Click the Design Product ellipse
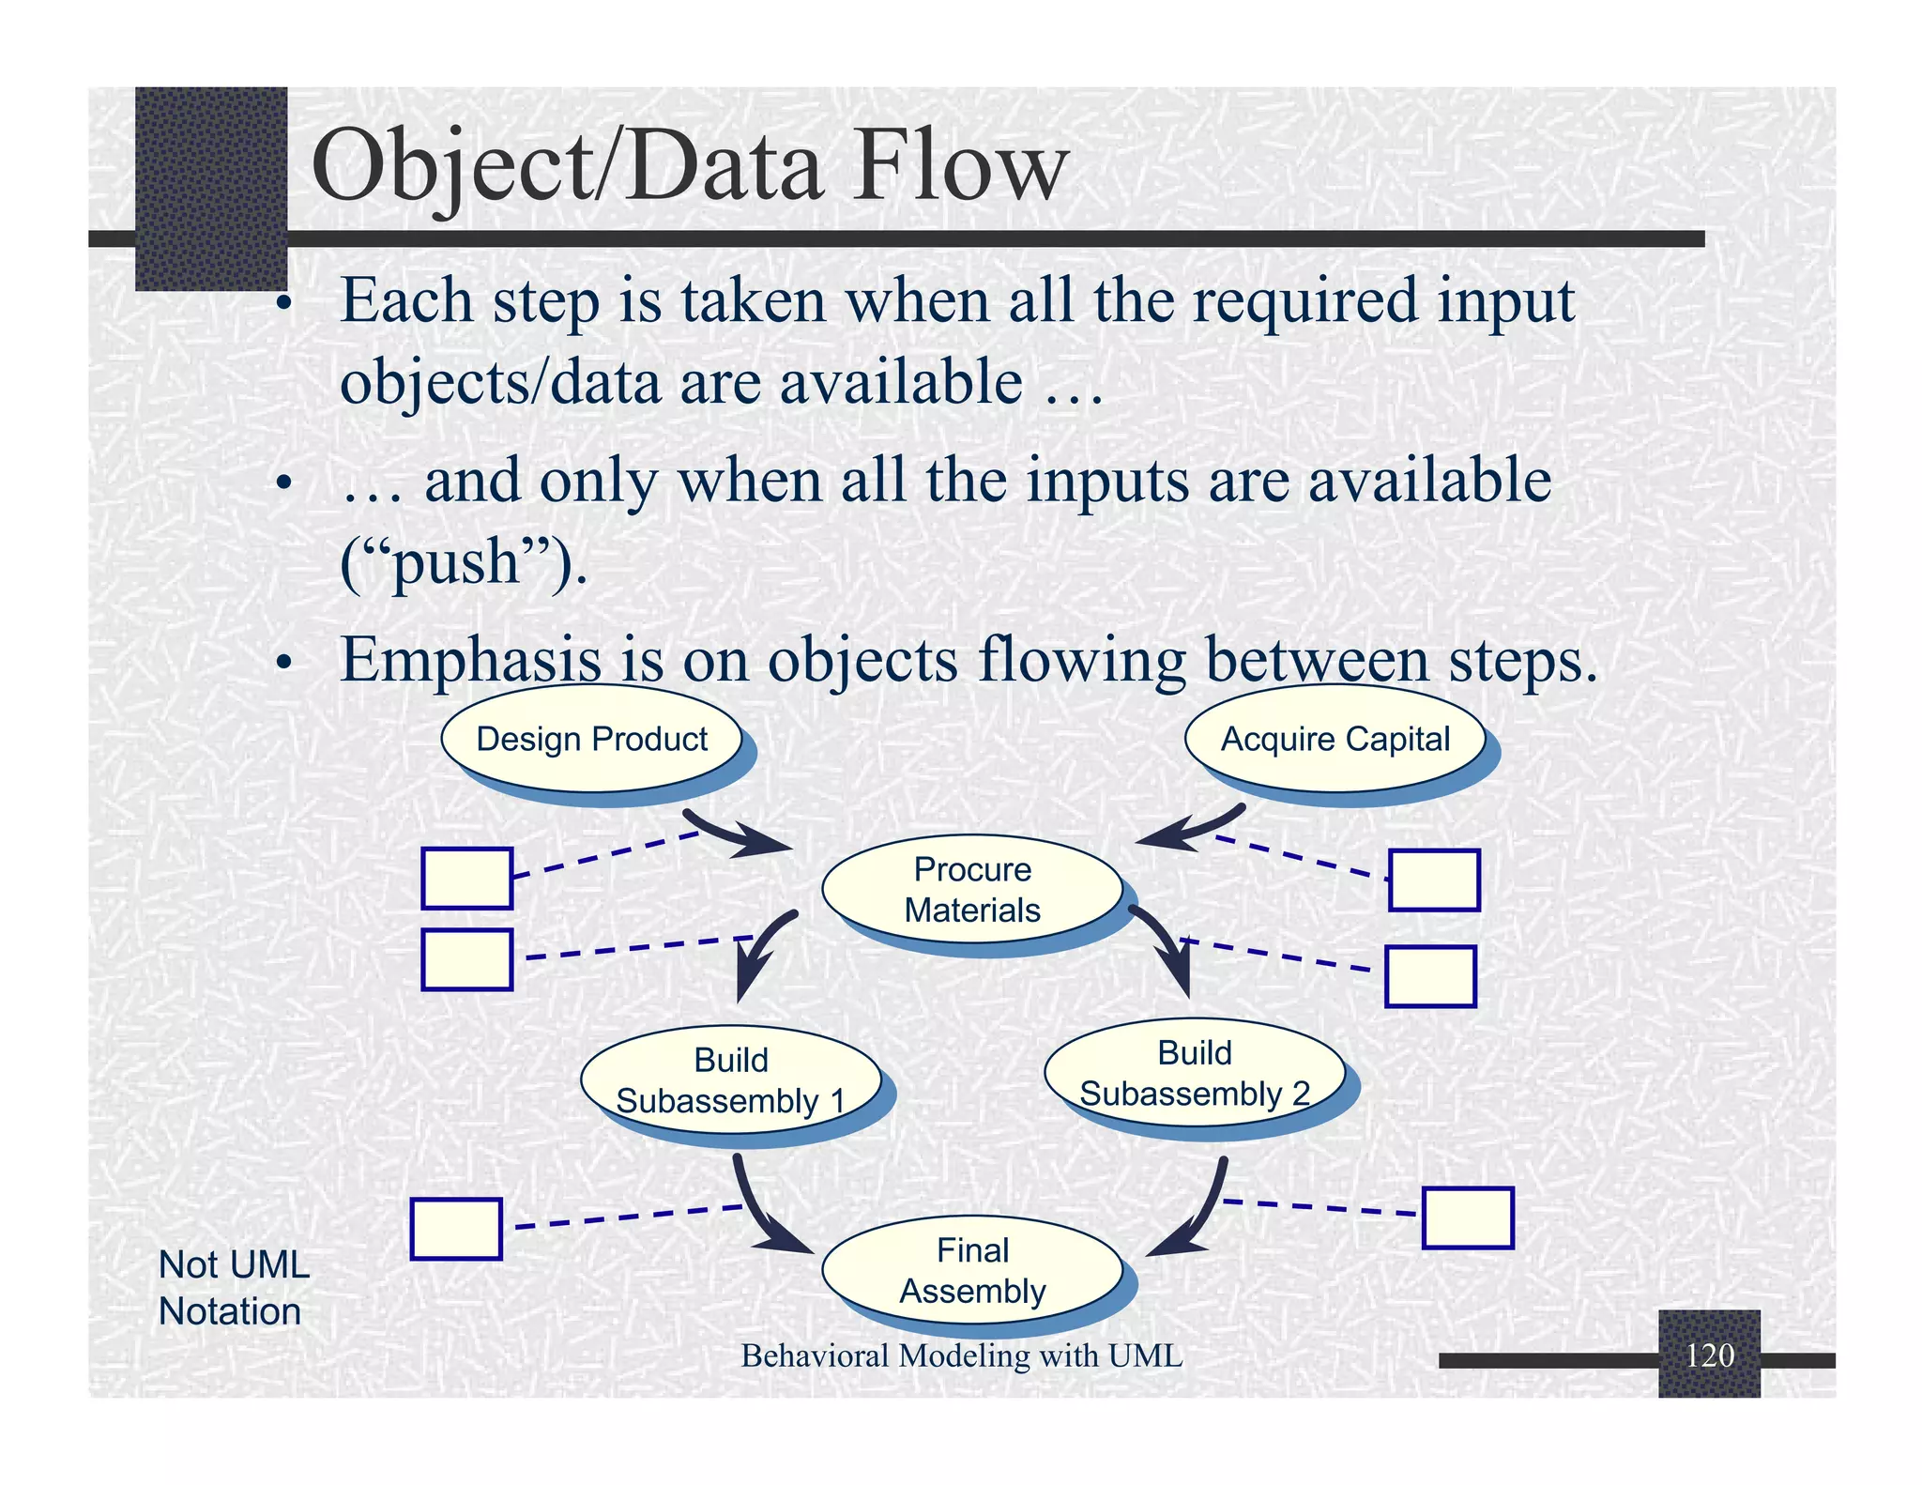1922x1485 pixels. click(x=591, y=739)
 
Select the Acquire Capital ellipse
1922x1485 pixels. click(x=1335, y=739)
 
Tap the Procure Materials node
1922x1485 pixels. click(x=972, y=889)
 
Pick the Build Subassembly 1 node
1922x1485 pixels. click(x=730, y=1080)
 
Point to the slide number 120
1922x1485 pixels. click(x=1709, y=1355)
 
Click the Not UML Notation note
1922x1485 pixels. click(x=233, y=1288)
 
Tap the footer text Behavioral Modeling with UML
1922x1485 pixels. click(x=961, y=1355)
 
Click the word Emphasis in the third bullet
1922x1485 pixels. click(x=470, y=660)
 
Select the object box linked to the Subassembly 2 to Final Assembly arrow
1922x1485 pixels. click(x=1468, y=1217)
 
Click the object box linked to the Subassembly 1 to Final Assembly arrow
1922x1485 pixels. click(x=456, y=1229)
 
